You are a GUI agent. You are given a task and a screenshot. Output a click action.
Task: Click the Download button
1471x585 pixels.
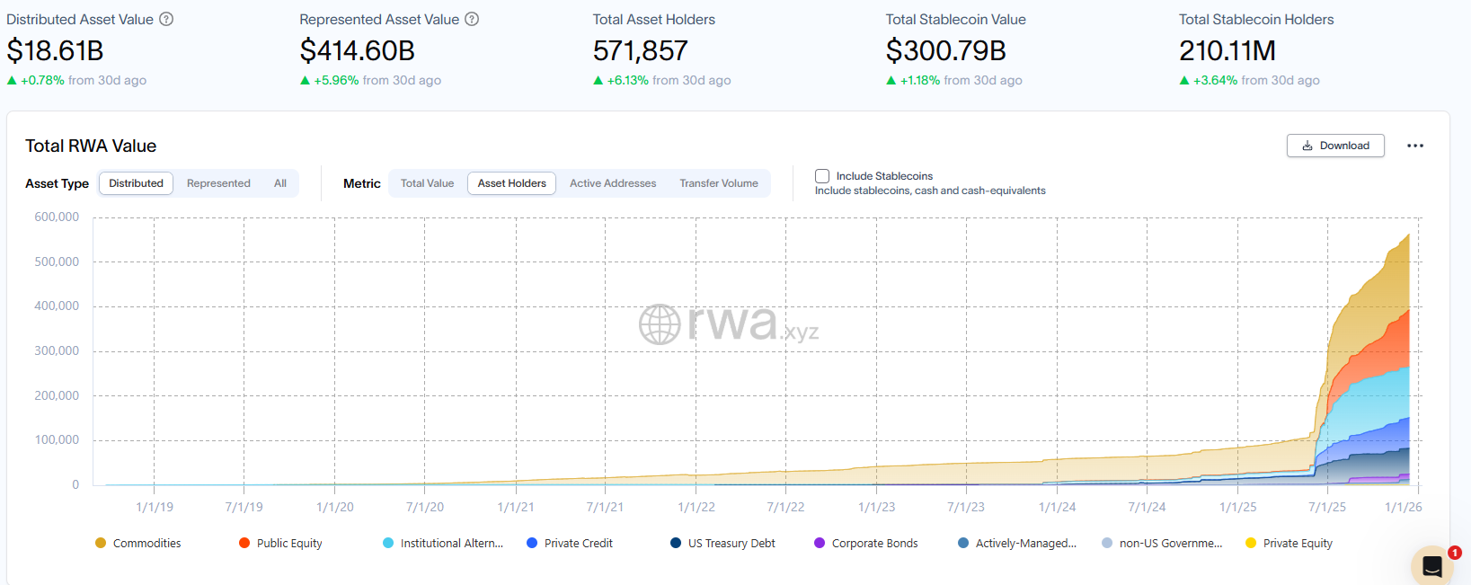1335,146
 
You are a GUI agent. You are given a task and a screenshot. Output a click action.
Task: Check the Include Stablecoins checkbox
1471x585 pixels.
822,176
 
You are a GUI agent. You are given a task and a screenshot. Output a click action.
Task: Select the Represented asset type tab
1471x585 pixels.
218,183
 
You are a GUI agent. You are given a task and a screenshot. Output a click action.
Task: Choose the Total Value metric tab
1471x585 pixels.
427,183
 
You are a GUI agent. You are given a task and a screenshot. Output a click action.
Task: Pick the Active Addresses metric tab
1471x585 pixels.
613,183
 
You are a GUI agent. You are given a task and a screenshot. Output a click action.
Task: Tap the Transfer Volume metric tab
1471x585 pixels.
719,183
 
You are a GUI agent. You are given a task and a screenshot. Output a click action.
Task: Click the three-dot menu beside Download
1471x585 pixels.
1415,146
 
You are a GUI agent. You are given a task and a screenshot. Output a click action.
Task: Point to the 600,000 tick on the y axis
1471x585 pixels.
57,217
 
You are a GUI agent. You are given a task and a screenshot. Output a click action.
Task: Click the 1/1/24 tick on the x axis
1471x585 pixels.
1057,507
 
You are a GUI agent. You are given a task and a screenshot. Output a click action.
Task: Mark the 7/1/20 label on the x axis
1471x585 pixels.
425,507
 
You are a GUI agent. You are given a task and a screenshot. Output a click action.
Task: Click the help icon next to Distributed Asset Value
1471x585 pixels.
166,19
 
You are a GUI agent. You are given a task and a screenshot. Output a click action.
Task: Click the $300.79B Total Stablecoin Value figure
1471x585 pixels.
945,51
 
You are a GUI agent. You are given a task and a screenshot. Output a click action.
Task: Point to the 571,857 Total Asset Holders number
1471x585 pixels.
640,51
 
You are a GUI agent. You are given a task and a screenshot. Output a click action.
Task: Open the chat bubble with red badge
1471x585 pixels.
1432,566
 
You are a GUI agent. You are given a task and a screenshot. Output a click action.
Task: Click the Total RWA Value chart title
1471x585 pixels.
91,146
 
